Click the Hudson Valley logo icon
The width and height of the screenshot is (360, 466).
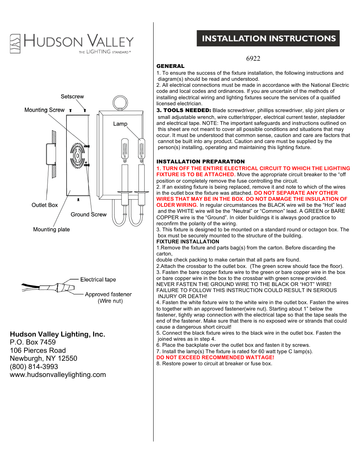pyautogui.click(x=15, y=44)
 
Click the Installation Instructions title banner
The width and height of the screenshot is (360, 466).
pyautogui.click(x=268, y=38)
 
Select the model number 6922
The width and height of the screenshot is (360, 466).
pyautogui.click(x=253, y=58)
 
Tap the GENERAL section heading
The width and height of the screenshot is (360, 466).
pyautogui.click(x=170, y=66)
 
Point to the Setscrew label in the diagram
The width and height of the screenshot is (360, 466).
pyautogui.click(x=72, y=97)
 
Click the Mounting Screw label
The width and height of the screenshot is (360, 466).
pyautogui.click(x=45, y=110)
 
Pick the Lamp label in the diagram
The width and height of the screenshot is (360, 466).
pyautogui.click(x=120, y=124)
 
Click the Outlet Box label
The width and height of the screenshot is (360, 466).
pyautogui.click(x=45, y=205)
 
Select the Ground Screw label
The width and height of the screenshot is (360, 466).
pyautogui.click(x=89, y=214)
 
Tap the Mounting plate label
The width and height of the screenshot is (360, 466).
pyautogui.click(x=51, y=229)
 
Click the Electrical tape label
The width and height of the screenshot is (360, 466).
pyautogui.click(x=98, y=280)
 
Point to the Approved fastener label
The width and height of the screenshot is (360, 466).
pyautogui.click(x=108, y=294)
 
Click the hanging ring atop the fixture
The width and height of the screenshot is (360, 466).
pyautogui.click(x=120, y=103)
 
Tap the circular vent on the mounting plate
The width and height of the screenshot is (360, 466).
pyautogui.click(x=77, y=155)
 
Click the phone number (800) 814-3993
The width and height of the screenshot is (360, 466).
pyautogui.click(x=34, y=367)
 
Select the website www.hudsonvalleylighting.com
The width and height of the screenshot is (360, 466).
pyautogui.click(x=58, y=375)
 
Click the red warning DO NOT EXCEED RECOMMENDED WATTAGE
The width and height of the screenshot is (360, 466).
pyautogui.click(x=215, y=357)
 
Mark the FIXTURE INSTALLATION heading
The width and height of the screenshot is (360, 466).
pyautogui.click(x=188, y=241)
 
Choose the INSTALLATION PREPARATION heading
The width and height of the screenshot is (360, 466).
pyautogui.click(x=200, y=161)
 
